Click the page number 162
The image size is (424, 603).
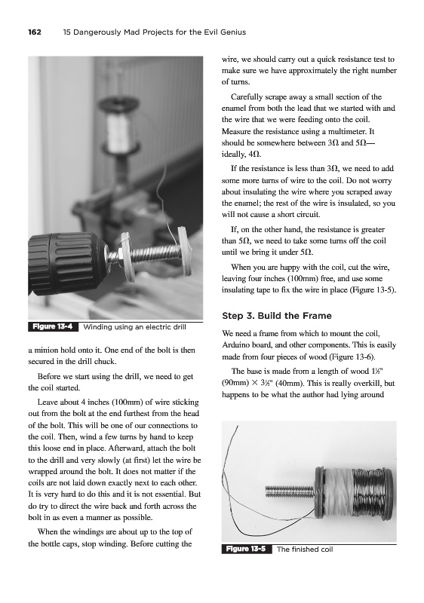click(x=35, y=32)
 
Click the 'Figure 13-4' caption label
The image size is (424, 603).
click(x=53, y=327)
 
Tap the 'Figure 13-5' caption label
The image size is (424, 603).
click(x=246, y=549)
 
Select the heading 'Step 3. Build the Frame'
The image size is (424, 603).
click(x=277, y=316)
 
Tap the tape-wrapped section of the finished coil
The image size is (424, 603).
click(x=339, y=492)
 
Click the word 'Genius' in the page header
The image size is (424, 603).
click(x=233, y=32)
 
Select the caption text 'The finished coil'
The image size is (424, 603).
click(x=305, y=549)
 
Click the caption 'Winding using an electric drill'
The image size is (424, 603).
click(x=134, y=327)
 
